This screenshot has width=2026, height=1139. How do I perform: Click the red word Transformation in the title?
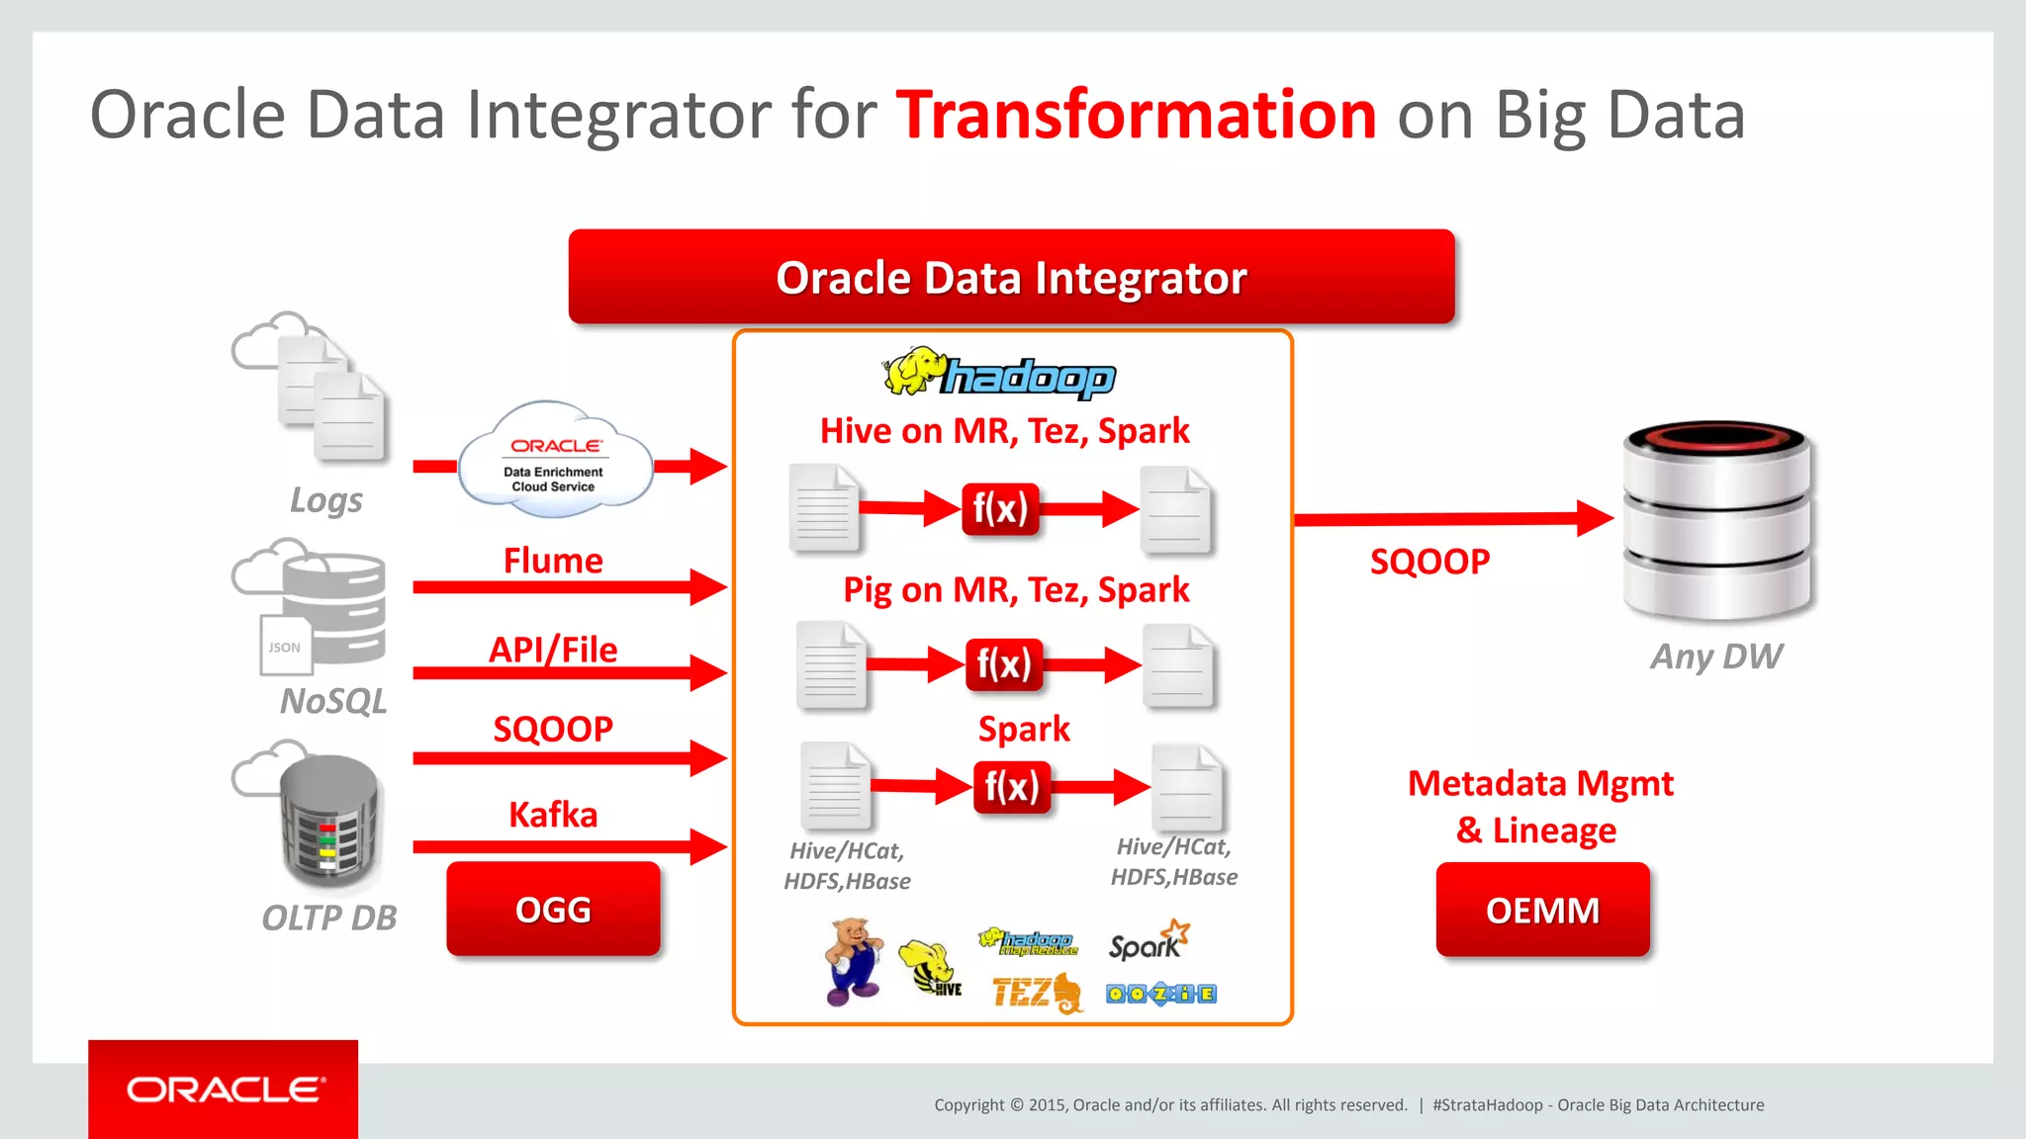coord(1136,116)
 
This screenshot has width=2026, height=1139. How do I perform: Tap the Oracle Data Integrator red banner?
coord(1011,278)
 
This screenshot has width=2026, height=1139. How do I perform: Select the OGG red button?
coord(553,910)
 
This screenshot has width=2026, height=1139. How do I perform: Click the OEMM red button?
coord(1542,910)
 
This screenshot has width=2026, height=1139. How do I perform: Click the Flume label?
coord(553,561)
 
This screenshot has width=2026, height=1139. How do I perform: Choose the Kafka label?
coord(553,815)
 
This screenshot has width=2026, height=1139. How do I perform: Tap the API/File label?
coord(553,650)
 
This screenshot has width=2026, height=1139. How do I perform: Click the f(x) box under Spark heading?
coord(1011,787)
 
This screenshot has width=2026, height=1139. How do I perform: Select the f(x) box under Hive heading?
coord(1000,509)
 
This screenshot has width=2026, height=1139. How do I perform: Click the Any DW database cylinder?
coord(1717,519)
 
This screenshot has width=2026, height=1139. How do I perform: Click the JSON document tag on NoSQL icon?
coord(285,647)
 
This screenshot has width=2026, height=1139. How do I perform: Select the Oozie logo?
coord(1160,994)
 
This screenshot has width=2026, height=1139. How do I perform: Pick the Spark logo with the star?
coord(1148,941)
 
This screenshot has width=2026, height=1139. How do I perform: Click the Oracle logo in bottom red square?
coord(225,1090)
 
